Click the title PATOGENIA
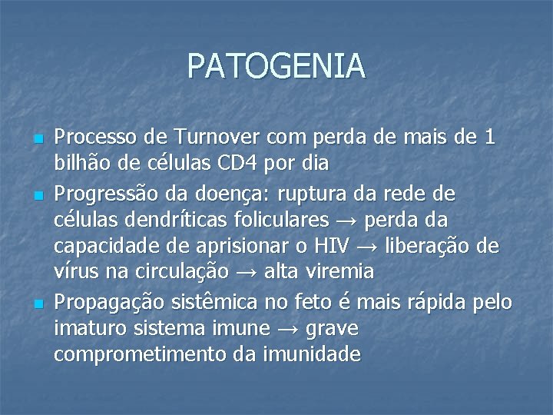click(276, 66)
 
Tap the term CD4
click(237, 163)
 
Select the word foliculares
click(281, 218)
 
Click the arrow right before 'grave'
click(288, 329)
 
